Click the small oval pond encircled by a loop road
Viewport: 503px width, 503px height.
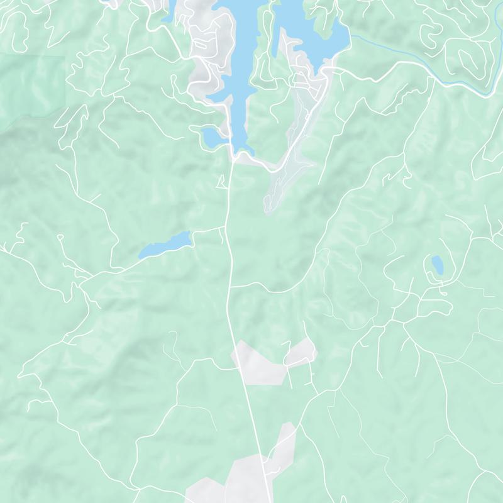pyautogui.click(x=436, y=265)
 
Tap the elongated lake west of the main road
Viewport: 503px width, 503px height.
pyautogui.click(x=165, y=245)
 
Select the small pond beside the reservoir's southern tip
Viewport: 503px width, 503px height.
pyautogui.click(x=212, y=135)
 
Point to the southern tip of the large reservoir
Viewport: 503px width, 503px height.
pyautogui.click(x=243, y=150)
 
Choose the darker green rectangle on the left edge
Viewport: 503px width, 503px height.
pyautogui.click(x=31, y=88)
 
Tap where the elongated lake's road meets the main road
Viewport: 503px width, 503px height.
pyautogui.click(x=225, y=228)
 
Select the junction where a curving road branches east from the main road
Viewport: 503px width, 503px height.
pyautogui.click(x=230, y=287)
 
